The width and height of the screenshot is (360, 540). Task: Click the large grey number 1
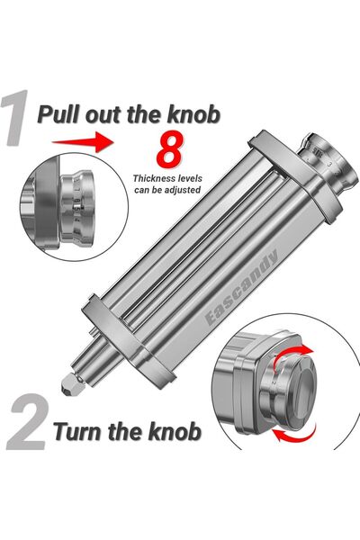point(15,118)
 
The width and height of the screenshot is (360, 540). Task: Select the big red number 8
point(169,148)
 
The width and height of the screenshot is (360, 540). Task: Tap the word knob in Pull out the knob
point(193,114)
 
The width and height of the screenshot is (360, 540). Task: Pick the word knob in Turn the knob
point(175,431)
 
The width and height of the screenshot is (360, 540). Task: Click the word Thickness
point(153,178)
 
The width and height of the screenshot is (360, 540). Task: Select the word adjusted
point(183,190)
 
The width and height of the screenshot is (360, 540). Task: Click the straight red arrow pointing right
point(83,141)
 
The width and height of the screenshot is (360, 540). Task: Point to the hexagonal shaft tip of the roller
point(70,385)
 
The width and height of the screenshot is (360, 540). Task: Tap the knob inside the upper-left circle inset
point(77,206)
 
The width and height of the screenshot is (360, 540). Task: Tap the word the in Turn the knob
point(125,431)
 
